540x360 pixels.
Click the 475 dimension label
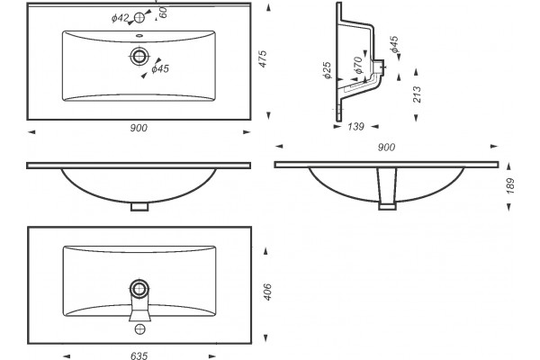coord(263,58)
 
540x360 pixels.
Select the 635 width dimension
coord(139,355)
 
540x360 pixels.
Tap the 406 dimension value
coord(267,292)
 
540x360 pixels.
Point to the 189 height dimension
coord(510,185)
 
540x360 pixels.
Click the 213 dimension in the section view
coord(417,94)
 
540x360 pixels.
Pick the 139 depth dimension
coord(355,127)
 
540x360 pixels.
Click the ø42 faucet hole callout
coord(120,18)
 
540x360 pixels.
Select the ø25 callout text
coord(327,70)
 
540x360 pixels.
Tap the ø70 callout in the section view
coord(358,66)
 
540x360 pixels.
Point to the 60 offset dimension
coord(163,13)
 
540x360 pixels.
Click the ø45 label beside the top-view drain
coord(160,69)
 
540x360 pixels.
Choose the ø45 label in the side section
coord(394,44)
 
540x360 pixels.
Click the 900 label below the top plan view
coord(139,128)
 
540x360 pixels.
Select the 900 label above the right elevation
coord(386,148)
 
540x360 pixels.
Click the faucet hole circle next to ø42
coord(139,18)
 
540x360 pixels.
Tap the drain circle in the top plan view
coord(139,56)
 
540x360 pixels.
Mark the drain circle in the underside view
coord(139,289)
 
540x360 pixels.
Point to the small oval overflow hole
coord(139,35)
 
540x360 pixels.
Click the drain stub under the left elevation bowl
coord(139,207)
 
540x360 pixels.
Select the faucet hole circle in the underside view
coord(139,329)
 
